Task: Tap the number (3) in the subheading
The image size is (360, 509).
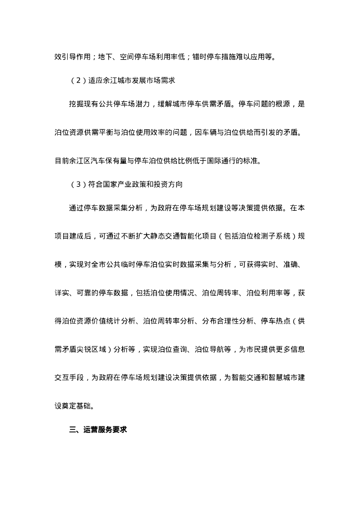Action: pyautogui.click(x=78, y=184)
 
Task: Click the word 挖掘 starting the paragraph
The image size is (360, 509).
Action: pyautogui.click(x=76, y=104)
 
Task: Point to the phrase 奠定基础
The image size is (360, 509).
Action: pyautogui.click(x=76, y=406)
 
